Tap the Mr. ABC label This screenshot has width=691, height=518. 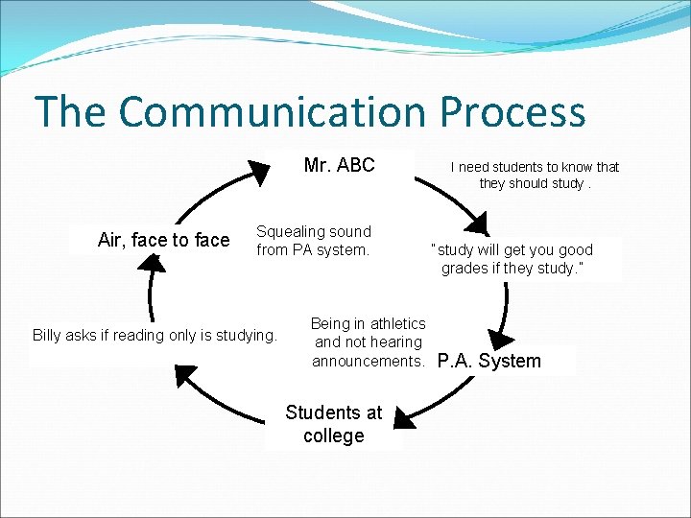pyautogui.click(x=339, y=165)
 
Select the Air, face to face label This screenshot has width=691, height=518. pyautogui.click(x=163, y=240)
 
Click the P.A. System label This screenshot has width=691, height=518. pyautogui.click(x=489, y=362)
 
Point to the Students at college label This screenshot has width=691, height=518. pyautogui.click(x=333, y=424)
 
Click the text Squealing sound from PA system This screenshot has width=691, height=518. pyautogui.click(x=313, y=241)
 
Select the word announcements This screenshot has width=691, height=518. pyautogui.click(x=369, y=361)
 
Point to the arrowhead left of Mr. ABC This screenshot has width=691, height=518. pyautogui.click(x=258, y=172)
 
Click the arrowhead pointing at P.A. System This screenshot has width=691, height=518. pyautogui.click(x=500, y=339)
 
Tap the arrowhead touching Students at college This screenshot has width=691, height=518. pyautogui.click(x=404, y=417)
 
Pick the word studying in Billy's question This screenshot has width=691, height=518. pyautogui.click(x=247, y=336)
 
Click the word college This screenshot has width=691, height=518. pyautogui.click(x=333, y=436)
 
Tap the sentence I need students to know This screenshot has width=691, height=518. pyautogui.click(x=535, y=175)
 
